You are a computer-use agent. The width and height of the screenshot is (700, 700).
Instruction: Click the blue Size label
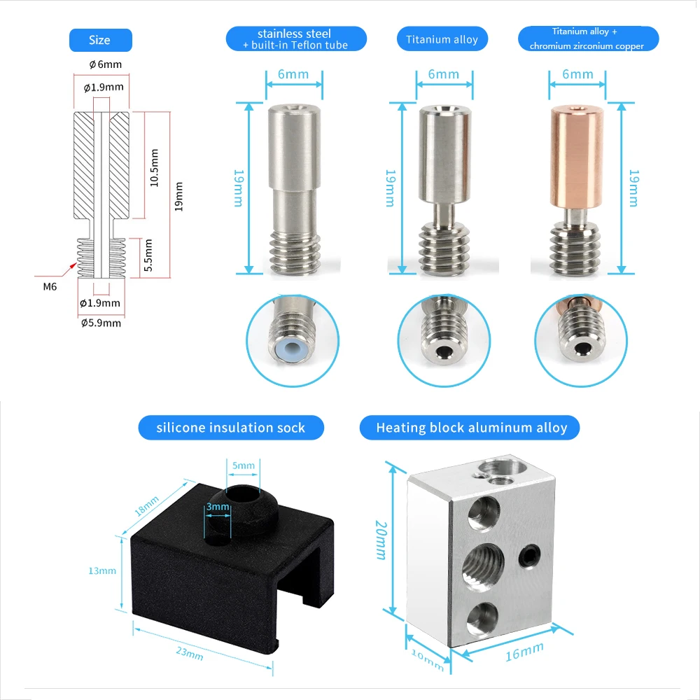tap(99, 40)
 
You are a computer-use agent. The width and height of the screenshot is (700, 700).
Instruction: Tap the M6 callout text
tap(51, 286)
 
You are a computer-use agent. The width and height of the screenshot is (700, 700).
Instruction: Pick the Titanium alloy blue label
tap(442, 39)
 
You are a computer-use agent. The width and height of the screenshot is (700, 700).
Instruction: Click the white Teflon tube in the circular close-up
tap(293, 348)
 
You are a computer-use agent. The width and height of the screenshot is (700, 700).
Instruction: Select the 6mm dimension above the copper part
tap(577, 74)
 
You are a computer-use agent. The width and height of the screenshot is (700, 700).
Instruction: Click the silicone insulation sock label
tap(231, 428)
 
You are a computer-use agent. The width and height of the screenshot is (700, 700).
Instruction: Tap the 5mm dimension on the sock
tap(243, 464)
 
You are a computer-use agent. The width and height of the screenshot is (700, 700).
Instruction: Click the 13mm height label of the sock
tap(102, 571)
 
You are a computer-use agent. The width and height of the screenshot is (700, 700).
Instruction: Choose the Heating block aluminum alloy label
tap(471, 428)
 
